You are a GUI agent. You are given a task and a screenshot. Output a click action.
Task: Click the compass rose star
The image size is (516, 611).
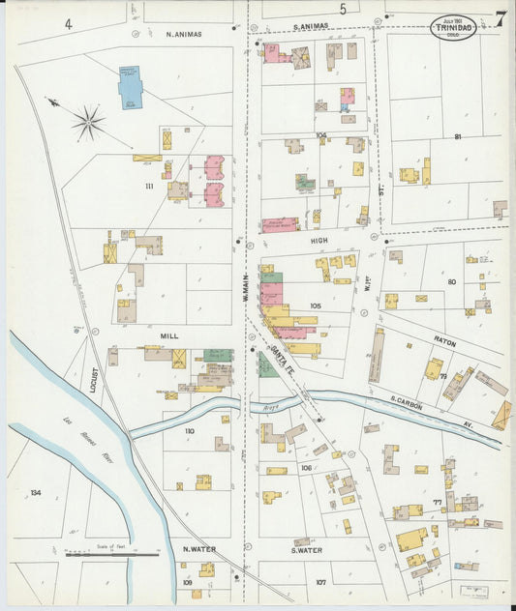[x=87, y=122]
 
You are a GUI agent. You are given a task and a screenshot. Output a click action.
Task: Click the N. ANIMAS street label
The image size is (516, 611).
[x=184, y=35]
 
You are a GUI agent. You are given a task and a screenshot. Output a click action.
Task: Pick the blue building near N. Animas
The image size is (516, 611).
[x=129, y=86]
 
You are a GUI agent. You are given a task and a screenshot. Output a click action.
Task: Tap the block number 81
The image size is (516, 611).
[x=456, y=138]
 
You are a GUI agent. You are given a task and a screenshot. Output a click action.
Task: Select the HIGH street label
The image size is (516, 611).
[x=319, y=239]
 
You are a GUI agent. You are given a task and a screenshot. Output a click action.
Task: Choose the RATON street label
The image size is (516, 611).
[x=444, y=343]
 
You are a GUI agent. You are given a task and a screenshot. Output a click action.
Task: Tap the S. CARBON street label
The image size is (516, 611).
[x=410, y=398]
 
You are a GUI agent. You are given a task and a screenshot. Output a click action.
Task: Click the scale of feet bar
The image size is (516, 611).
[x=112, y=555]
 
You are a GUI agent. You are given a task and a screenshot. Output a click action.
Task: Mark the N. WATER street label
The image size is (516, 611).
[x=198, y=551]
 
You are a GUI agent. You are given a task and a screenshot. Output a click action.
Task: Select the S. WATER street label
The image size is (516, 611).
[x=303, y=551]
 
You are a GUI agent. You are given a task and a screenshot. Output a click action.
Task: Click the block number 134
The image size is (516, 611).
[x=36, y=493]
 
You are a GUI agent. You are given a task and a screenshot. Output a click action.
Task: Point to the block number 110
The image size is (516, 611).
[x=189, y=431]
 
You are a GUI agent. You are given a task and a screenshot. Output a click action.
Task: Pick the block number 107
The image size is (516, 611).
[x=320, y=581]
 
